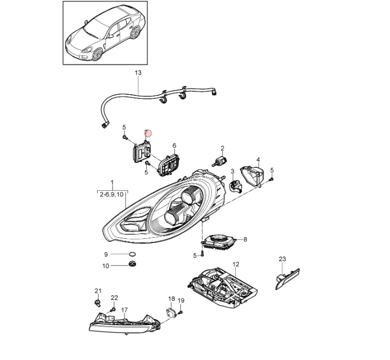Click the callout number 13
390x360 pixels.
[x=137, y=73]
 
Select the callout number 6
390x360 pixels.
[x=174, y=146]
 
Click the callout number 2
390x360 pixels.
[x=222, y=148]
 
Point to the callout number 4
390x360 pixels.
[x=258, y=159]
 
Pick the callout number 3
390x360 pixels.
[x=232, y=171]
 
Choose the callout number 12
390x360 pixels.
[x=235, y=264]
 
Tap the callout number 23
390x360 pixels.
[x=282, y=259]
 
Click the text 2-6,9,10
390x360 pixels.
[x=111, y=195]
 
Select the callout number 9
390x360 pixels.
[x=105, y=254]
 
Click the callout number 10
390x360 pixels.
[x=105, y=266]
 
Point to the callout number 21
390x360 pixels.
[x=97, y=291]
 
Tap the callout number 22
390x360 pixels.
[x=114, y=298]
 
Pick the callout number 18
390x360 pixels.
[x=171, y=299]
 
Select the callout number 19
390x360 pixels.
[x=182, y=301]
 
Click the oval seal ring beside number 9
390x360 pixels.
[x=131, y=254]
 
